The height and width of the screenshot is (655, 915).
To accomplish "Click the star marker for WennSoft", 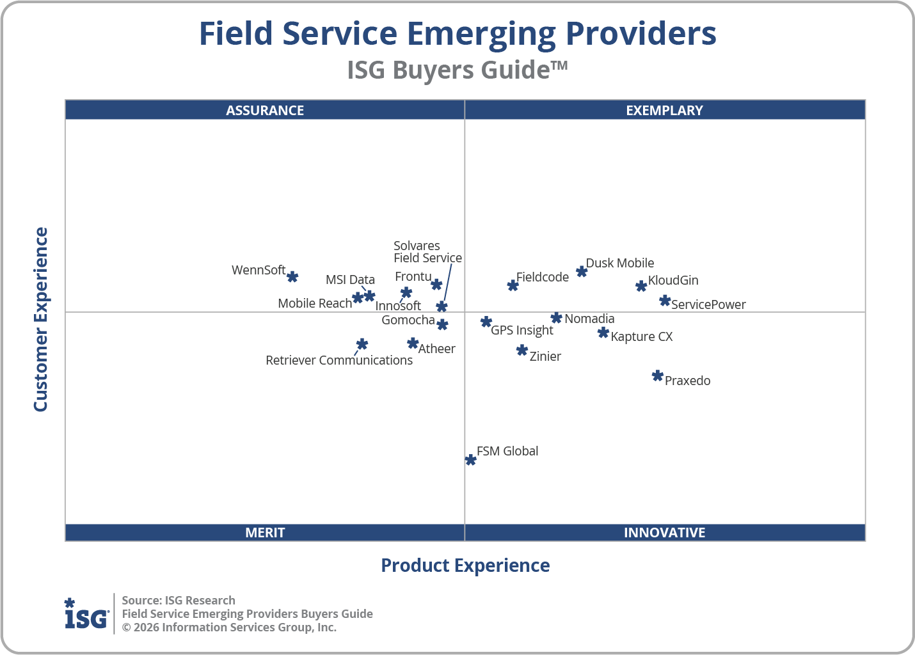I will [x=292, y=276].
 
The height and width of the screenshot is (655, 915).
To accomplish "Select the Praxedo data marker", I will [x=657, y=375].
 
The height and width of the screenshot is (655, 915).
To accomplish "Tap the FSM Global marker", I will [x=470, y=460].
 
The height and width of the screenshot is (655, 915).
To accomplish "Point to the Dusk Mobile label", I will [x=619, y=263].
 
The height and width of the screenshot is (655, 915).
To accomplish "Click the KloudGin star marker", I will [x=641, y=286].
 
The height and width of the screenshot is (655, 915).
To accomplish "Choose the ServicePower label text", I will [x=708, y=304].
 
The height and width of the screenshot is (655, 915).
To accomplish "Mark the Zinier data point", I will [x=522, y=350].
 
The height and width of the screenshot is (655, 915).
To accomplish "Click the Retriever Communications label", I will [x=339, y=360].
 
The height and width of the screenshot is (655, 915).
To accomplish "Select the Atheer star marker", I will [x=413, y=343].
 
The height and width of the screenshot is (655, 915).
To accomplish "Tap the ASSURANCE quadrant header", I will [x=265, y=110].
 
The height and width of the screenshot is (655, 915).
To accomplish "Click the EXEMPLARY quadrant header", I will [x=664, y=110].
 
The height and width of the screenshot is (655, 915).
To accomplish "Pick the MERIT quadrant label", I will [x=265, y=532].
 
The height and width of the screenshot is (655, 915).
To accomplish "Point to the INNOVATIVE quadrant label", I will [x=664, y=532].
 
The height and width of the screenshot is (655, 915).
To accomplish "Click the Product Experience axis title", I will [x=465, y=565].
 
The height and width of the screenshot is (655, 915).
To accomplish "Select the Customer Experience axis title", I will [x=41, y=320].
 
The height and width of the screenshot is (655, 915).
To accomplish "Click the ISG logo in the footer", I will [x=86, y=614].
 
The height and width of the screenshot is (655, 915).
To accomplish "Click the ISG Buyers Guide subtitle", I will [x=457, y=70].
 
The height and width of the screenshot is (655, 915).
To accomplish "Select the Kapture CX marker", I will [x=603, y=333].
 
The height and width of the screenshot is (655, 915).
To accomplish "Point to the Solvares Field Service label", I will [x=427, y=252].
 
